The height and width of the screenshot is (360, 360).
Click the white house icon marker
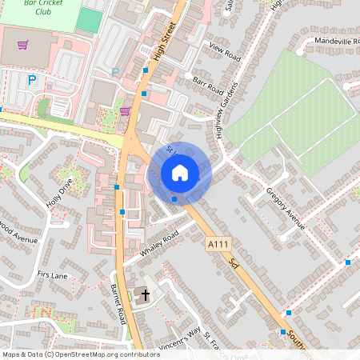click(x=180, y=173)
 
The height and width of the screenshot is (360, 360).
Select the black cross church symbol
click(x=145, y=296)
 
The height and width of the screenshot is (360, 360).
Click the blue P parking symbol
click(x=32, y=79)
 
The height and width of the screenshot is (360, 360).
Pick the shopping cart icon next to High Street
click(x=125, y=111)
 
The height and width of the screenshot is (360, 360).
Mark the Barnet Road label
click(x=118, y=303)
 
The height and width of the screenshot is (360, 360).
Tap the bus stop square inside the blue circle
click(x=174, y=198)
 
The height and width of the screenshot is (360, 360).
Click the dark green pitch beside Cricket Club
click(x=89, y=20)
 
